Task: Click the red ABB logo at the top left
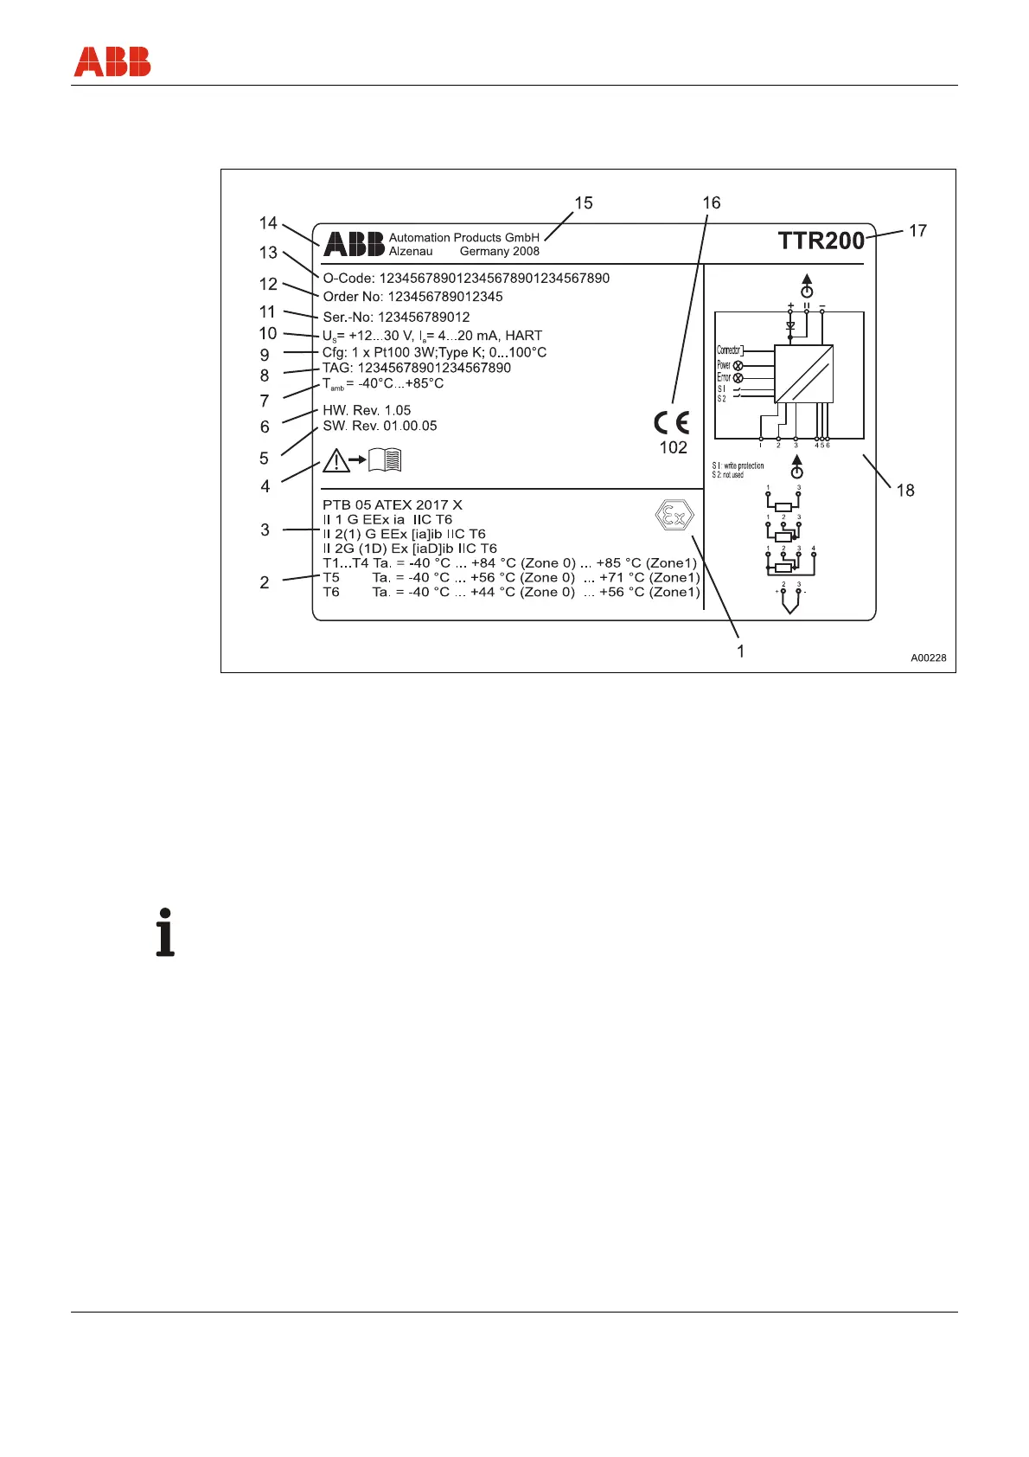click(112, 62)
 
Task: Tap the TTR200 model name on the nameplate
click(821, 241)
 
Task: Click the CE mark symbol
click(671, 423)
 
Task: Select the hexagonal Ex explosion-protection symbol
click(674, 517)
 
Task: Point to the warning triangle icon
click(336, 461)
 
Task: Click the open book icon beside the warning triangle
click(385, 460)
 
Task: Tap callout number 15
click(584, 202)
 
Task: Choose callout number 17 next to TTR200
click(917, 230)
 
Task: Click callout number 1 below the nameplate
click(740, 651)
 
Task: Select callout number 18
click(904, 491)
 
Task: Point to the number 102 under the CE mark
click(673, 447)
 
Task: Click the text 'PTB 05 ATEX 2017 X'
click(392, 504)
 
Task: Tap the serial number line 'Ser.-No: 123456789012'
click(396, 317)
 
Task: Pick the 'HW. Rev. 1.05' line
click(367, 410)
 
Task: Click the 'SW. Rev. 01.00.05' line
click(380, 426)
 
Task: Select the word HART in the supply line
click(523, 335)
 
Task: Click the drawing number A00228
click(928, 658)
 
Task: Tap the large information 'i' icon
click(165, 933)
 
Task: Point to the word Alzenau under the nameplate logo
click(411, 251)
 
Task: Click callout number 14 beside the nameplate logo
click(268, 223)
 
